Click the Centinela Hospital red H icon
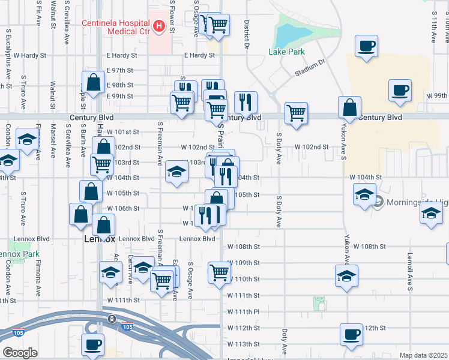coord(158,26)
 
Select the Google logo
coord(19,353)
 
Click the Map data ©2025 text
coord(423,355)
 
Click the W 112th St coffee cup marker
coord(352,335)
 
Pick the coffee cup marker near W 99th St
coord(400,90)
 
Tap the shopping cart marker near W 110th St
coord(220,272)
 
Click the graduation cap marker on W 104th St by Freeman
coord(176,172)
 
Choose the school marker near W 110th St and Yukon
coord(347,275)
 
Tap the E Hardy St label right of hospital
coord(199,55)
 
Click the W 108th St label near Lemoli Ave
coord(369,247)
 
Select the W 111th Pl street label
coord(243,311)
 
